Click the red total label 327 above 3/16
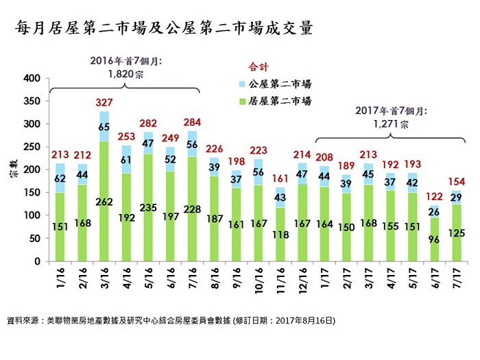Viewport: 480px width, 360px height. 104,102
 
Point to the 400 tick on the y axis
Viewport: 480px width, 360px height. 31,78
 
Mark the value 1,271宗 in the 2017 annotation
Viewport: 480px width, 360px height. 392,125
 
